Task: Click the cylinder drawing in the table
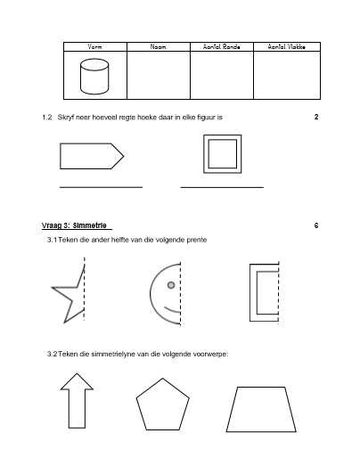(94, 77)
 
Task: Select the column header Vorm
(94, 46)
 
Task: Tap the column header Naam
(158, 46)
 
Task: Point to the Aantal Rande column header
(222, 46)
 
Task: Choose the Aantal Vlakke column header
(287, 46)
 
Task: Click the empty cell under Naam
(159, 75)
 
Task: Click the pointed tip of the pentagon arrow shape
(124, 156)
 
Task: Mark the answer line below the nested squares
(222, 187)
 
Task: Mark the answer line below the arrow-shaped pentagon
(101, 187)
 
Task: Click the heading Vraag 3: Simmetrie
(74, 225)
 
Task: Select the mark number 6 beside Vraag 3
(316, 225)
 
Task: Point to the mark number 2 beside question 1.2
(316, 117)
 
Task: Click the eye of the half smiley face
(171, 285)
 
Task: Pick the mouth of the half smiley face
(172, 310)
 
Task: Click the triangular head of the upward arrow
(77, 381)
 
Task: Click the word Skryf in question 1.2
(66, 117)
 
